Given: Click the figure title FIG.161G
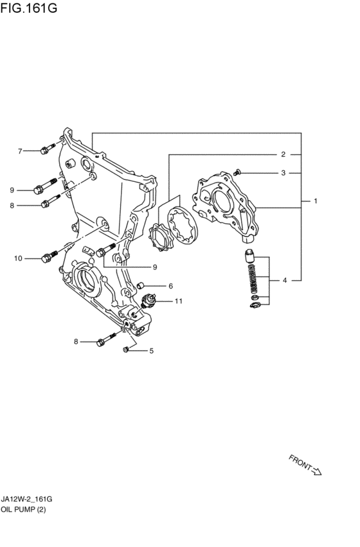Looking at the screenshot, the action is [28, 7].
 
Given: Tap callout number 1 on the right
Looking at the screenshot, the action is [316, 201].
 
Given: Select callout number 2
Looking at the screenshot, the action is [283, 154].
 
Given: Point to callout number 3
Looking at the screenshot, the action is [283, 173].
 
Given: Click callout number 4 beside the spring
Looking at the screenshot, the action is [285, 280].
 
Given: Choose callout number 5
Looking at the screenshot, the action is [152, 350].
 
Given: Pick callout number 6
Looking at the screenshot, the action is [170, 286].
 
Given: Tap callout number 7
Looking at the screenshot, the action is [20, 151].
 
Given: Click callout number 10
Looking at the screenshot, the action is [18, 258].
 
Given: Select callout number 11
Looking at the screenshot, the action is [179, 301].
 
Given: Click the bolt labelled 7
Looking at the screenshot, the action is [48, 148].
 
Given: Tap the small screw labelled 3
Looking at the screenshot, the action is [238, 172].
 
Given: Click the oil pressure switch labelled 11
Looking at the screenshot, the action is [149, 301].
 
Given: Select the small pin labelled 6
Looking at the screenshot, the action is [141, 285].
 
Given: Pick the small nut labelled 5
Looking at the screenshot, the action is [126, 349].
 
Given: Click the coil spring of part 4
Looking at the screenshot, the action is [253, 278].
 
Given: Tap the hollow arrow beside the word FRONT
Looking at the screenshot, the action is [316, 471].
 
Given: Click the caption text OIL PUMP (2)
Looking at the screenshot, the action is [23, 509].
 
